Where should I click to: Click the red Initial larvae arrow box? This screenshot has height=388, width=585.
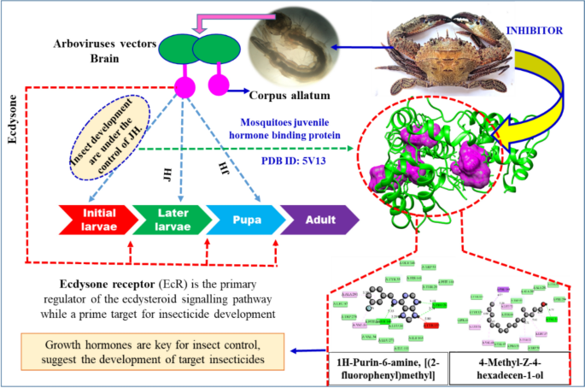(91, 219)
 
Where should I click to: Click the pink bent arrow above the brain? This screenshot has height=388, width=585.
(209, 19)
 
